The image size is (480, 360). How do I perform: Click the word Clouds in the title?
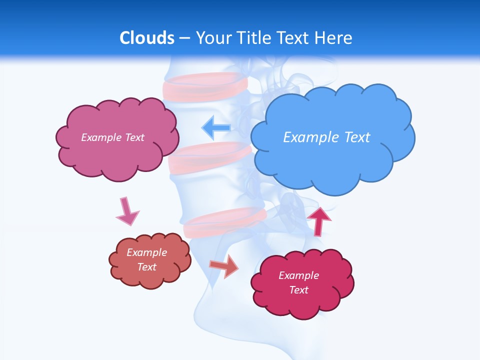(147, 38)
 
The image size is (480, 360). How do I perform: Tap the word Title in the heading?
(254, 38)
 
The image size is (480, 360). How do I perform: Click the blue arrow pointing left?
(216, 127)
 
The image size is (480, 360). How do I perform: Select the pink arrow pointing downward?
(127, 211)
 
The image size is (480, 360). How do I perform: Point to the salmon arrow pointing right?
(224, 266)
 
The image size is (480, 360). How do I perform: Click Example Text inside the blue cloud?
(326, 137)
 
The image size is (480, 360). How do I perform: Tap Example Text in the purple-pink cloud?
(112, 137)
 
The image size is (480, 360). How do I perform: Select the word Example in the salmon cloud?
(147, 252)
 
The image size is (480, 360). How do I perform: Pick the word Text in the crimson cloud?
(298, 290)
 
